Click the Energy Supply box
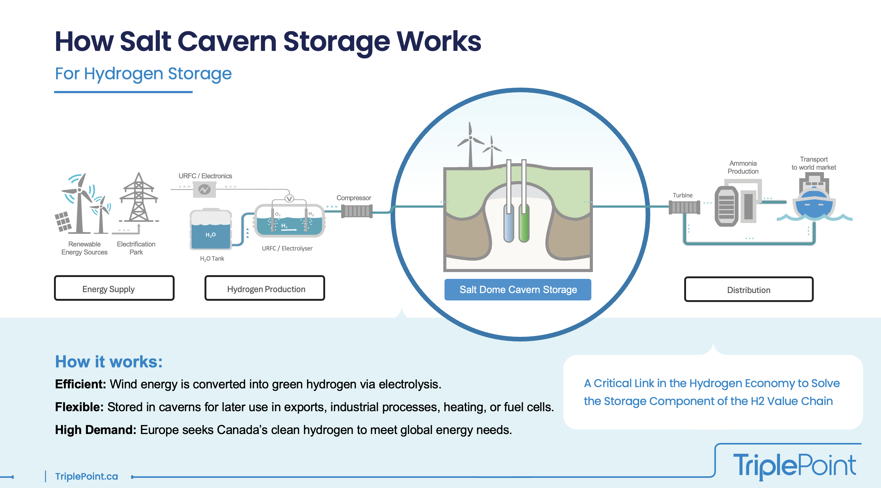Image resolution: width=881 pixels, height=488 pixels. [x=114, y=288]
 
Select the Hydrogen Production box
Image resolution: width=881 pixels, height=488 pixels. [x=265, y=288]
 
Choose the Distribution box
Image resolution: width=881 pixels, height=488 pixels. [x=748, y=289]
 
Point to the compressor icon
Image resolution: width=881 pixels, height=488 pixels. [x=357, y=211]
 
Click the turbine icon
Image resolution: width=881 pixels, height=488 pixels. [x=684, y=207]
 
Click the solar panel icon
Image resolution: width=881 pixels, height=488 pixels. [x=63, y=221]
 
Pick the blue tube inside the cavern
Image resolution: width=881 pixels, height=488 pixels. [x=509, y=222]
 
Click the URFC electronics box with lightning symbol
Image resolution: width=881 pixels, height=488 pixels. [x=205, y=189]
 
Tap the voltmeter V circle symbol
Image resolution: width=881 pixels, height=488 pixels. [x=289, y=198]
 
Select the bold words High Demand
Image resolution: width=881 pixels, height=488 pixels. [x=95, y=429]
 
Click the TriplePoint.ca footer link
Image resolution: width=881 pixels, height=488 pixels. [x=86, y=476]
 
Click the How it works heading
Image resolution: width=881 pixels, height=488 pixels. [x=109, y=362]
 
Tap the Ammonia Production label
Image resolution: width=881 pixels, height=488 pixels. [x=743, y=167]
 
